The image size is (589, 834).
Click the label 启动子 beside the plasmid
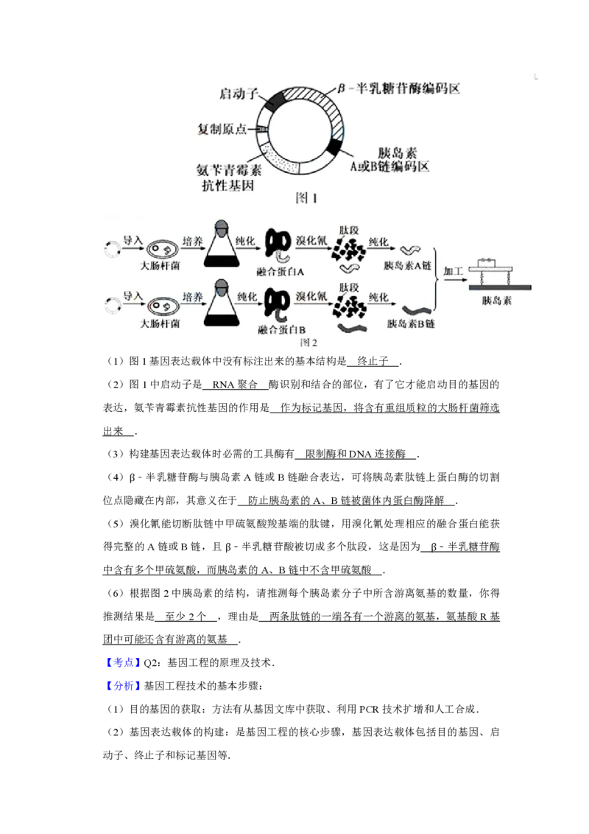(237, 95)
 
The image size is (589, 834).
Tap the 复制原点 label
(222, 128)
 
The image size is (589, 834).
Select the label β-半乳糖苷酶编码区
(403, 89)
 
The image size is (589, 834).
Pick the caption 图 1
(305, 197)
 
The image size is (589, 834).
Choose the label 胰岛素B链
(410, 324)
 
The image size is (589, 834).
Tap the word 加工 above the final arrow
(454, 271)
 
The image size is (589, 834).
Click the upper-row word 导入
(133, 240)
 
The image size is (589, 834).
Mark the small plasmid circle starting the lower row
(112, 304)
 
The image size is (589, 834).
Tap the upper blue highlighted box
(124, 663)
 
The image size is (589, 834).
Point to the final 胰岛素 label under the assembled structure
(497, 301)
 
